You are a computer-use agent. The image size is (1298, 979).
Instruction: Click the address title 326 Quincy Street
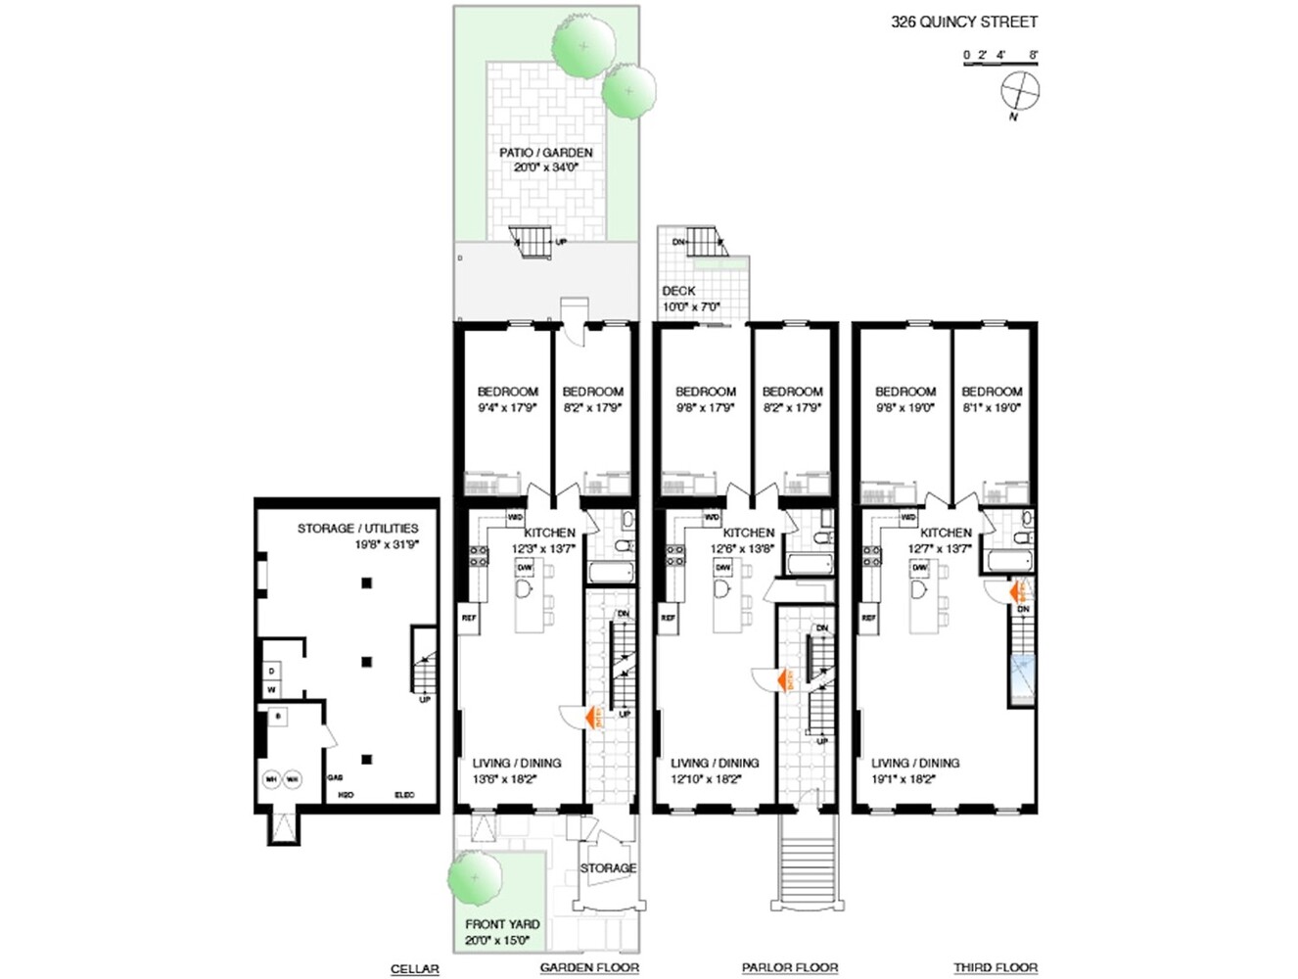pyautogui.click(x=963, y=22)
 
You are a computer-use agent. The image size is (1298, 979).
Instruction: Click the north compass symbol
pyautogui.click(x=1019, y=92)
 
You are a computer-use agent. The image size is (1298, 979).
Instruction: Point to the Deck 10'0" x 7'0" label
pyautogui.click(x=690, y=299)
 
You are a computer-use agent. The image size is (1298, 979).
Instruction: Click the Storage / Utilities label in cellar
pyautogui.click(x=357, y=536)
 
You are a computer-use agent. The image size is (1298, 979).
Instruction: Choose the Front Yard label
pyautogui.click(x=502, y=931)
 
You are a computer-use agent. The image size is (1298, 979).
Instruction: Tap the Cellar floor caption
pyautogui.click(x=414, y=968)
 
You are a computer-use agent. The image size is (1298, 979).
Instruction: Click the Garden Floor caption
pyautogui.click(x=589, y=968)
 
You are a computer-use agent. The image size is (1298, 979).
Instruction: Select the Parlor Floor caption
pyautogui.click(x=789, y=968)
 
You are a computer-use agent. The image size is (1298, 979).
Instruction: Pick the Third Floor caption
pyautogui.click(x=996, y=968)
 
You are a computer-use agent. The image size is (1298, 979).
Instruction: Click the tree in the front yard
pyautogui.click(x=475, y=877)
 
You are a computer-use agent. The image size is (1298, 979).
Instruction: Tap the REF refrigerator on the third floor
pyautogui.click(x=868, y=618)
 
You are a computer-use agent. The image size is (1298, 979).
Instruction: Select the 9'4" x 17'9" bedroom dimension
pyautogui.click(x=507, y=407)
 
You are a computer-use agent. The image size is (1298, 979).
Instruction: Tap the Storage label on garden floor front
pyautogui.click(x=608, y=868)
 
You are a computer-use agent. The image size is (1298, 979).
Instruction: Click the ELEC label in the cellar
pyautogui.click(x=403, y=795)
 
